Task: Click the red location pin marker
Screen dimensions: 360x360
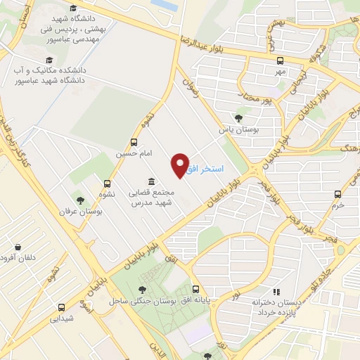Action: [180, 165]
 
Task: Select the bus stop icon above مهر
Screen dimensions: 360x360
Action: [281, 60]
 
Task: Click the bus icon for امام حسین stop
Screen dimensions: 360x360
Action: [134, 142]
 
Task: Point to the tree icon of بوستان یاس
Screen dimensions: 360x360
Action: [239, 118]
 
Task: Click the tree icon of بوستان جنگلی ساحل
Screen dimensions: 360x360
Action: [142, 290]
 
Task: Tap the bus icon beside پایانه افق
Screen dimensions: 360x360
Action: [196, 289]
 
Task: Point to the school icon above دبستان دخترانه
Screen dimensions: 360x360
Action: [276, 291]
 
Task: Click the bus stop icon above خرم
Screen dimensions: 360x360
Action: [338, 194]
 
